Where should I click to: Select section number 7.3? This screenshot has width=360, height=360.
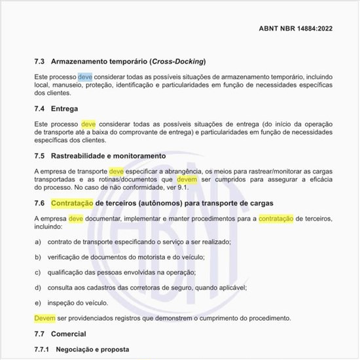pyautogui.click(x=39, y=62)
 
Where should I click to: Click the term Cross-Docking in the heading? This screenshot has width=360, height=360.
pyautogui.click(x=177, y=62)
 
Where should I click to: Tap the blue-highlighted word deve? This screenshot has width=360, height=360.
pyautogui.click(x=85, y=77)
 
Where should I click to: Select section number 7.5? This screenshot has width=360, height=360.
pyautogui.click(x=39, y=156)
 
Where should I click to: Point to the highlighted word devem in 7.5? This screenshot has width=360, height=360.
pyautogui.click(x=187, y=179)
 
